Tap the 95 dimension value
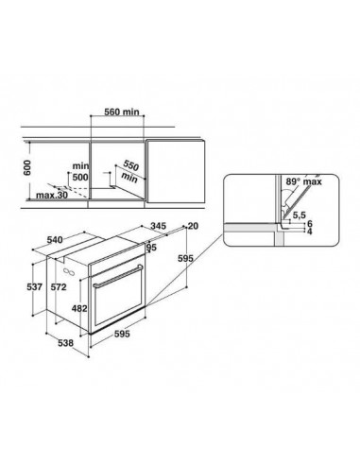tap(152, 250)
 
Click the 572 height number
tap(59, 286)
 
